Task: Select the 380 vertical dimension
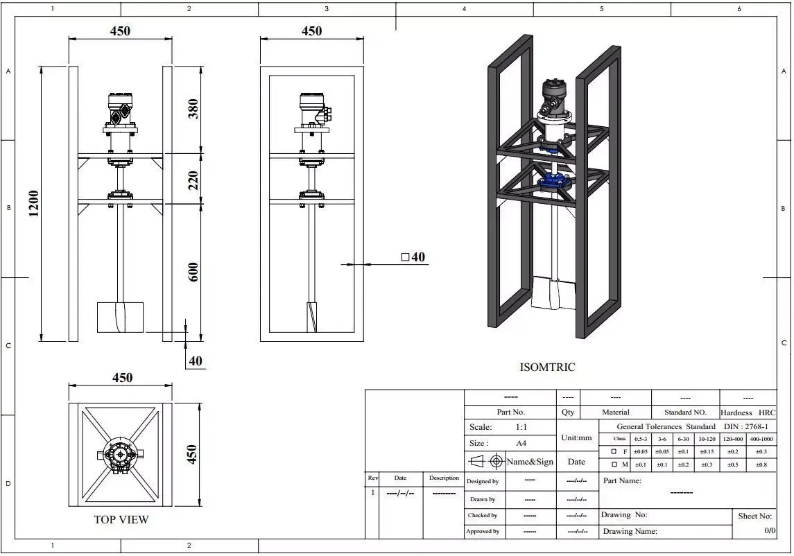pyautogui.click(x=193, y=109)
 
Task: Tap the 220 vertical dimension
pyautogui.click(x=193, y=180)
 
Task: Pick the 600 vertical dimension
pyautogui.click(x=193, y=271)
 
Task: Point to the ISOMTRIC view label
pyautogui.click(x=547, y=367)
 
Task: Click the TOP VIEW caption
pyautogui.click(x=121, y=519)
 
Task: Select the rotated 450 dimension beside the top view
pyautogui.click(x=193, y=455)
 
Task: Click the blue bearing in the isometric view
pyautogui.click(x=555, y=183)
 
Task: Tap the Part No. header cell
pyautogui.click(x=510, y=412)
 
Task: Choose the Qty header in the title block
pyautogui.click(x=568, y=412)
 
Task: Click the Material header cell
pyautogui.click(x=615, y=412)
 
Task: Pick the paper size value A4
pyautogui.click(x=521, y=443)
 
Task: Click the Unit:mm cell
pyautogui.click(x=577, y=438)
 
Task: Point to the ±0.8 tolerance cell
pyautogui.click(x=761, y=464)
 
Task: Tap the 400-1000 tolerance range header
pyautogui.click(x=761, y=439)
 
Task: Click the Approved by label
pyautogui.click(x=483, y=531)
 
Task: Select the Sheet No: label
pyautogui.click(x=754, y=516)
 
